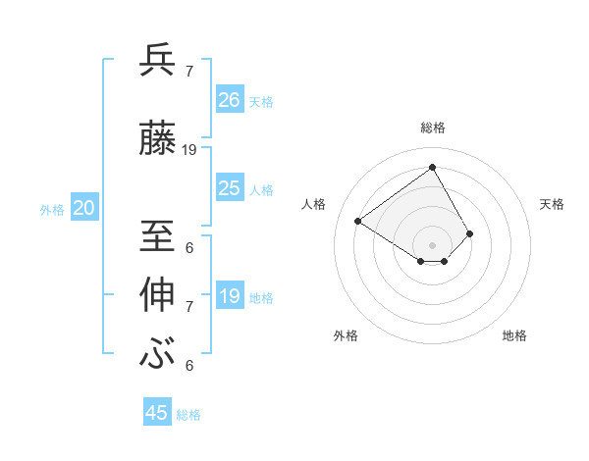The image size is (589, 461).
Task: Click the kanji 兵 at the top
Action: [158, 61]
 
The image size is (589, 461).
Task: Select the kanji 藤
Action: [158, 139]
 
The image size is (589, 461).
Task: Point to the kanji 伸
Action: [158, 295]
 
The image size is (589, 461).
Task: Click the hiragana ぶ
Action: [158, 353]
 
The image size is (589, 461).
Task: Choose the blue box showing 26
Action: [230, 99]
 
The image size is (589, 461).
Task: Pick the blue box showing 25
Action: [230, 188]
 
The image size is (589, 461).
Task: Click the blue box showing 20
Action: [84, 208]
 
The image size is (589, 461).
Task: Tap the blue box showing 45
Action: [157, 413]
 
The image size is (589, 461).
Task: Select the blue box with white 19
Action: [230, 296]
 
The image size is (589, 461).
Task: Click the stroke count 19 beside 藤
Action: [189, 150]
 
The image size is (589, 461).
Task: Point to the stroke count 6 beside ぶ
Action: [188, 366]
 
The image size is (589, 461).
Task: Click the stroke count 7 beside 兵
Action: [188, 72]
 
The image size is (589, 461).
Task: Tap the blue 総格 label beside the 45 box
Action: [188, 415]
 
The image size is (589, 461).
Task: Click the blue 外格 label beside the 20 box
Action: [52, 209]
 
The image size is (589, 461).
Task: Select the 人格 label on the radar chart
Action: [314, 204]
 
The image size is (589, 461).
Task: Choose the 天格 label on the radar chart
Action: [552, 204]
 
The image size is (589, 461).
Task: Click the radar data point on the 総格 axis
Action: [432, 168]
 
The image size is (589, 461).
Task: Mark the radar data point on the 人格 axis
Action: [358, 221]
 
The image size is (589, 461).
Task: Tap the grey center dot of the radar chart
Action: [432, 244]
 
